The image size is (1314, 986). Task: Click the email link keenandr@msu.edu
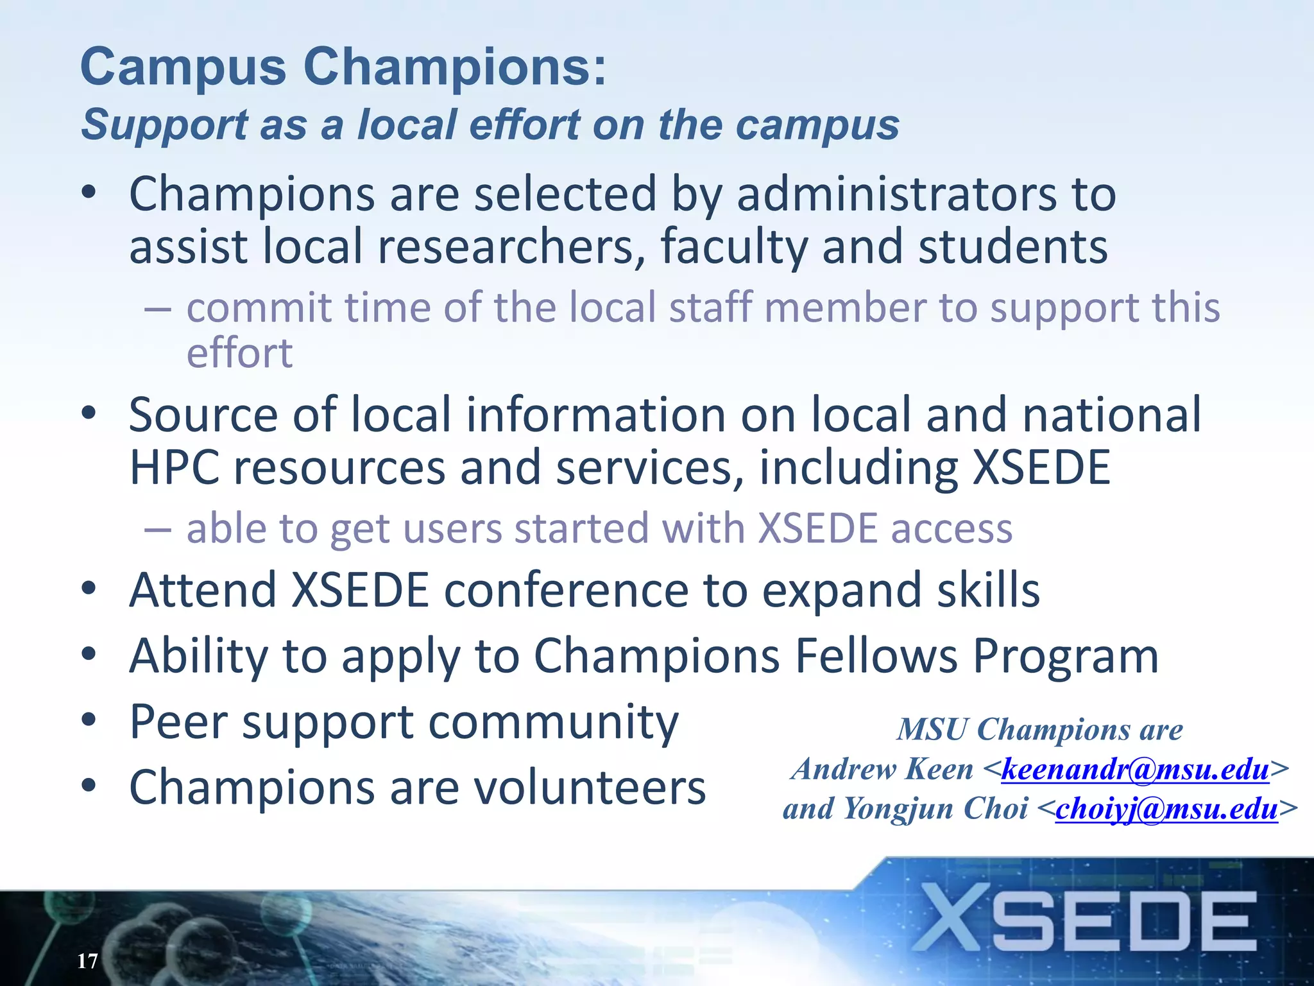pos(1135,769)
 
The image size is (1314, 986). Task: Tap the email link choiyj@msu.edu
pos(1166,809)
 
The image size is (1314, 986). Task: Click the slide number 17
pos(87,961)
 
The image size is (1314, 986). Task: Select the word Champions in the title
pos(454,67)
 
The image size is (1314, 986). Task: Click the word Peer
pos(178,722)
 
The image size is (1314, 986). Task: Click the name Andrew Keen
pos(882,769)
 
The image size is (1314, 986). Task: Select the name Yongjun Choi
pos(935,809)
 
